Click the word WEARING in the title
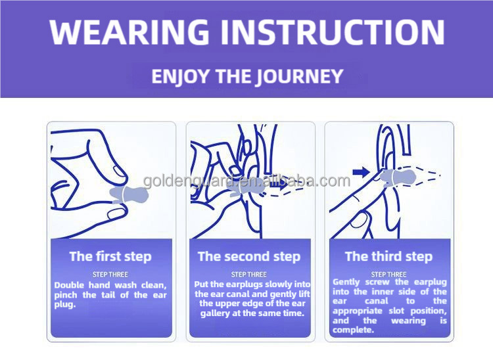(x=129, y=32)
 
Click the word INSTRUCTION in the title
(x=332, y=32)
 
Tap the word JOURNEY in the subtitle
(x=298, y=77)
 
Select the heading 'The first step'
(x=110, y=256)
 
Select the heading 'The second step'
(x=249, y=256)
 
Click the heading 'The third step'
(x=388, y=256)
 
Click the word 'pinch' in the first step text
(x=66, y=295)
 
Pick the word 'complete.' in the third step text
(x=353, y=330)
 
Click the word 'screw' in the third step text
(x=377, y=282)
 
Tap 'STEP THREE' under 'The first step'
(x=110, y=275)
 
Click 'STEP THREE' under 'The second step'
(x=249, y=275)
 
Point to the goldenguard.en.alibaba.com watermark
(x=246, y=181)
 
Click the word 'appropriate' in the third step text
(x=358, y=311)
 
